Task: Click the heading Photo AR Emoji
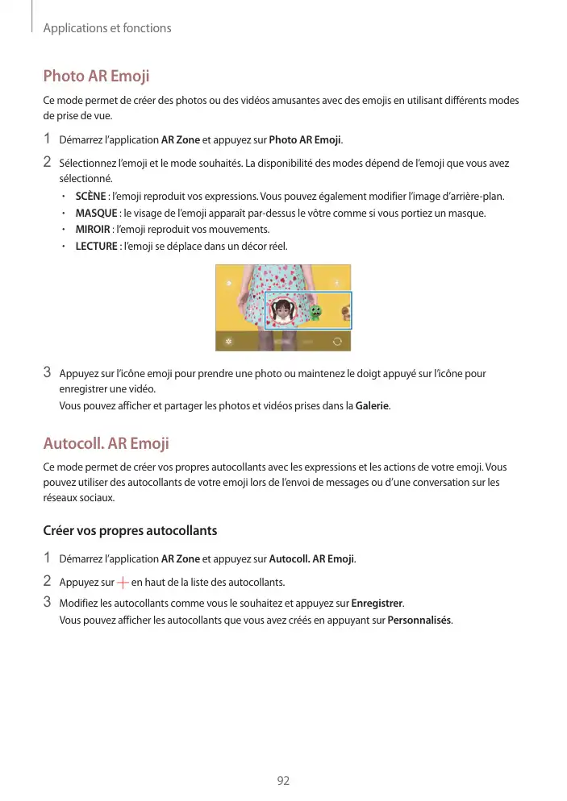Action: click(x=96, y=77)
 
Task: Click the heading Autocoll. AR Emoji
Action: click(x=106, y=443)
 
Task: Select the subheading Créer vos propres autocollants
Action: click(x=130, y=531)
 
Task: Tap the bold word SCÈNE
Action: click(x=90, y=197)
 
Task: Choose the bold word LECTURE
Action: click(x=96, y=246)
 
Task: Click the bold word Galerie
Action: click(x=373, y=405)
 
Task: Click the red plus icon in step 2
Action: click(x=122, y=582)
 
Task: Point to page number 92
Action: click(x=283, y=781)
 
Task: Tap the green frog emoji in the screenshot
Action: click(x=315, y=313)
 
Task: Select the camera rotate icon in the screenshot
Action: click(x=336, y=341)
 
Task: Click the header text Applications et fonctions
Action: click(x=107, y=28)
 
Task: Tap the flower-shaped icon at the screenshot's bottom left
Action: click(x=229, y=341)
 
